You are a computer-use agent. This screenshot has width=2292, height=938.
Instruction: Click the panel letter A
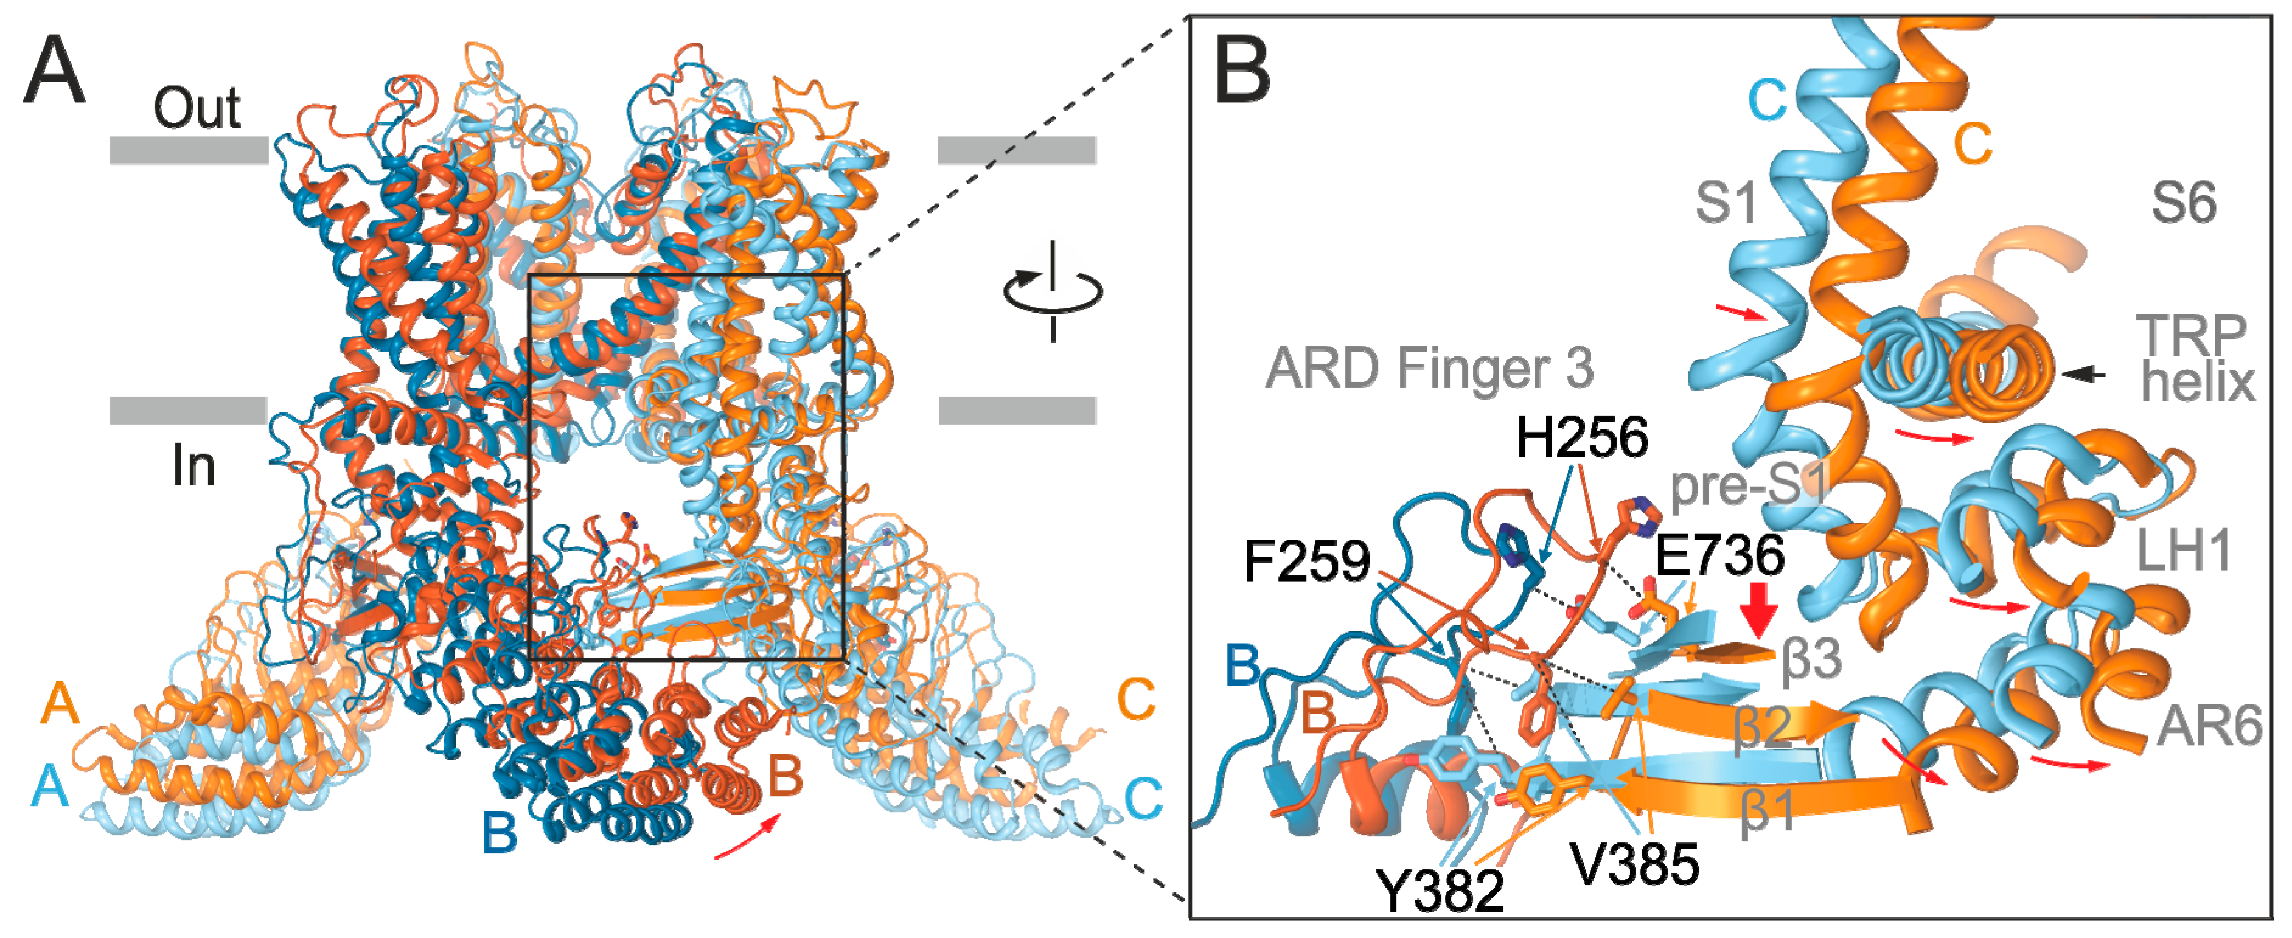55,71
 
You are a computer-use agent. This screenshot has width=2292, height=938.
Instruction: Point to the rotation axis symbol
1053,291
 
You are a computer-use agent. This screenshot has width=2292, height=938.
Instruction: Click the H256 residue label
1582,438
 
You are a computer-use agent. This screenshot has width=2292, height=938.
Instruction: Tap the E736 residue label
1719,555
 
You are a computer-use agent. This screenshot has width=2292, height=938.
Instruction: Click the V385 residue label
1634,863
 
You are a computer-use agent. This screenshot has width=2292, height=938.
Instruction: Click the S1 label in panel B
1726,203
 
